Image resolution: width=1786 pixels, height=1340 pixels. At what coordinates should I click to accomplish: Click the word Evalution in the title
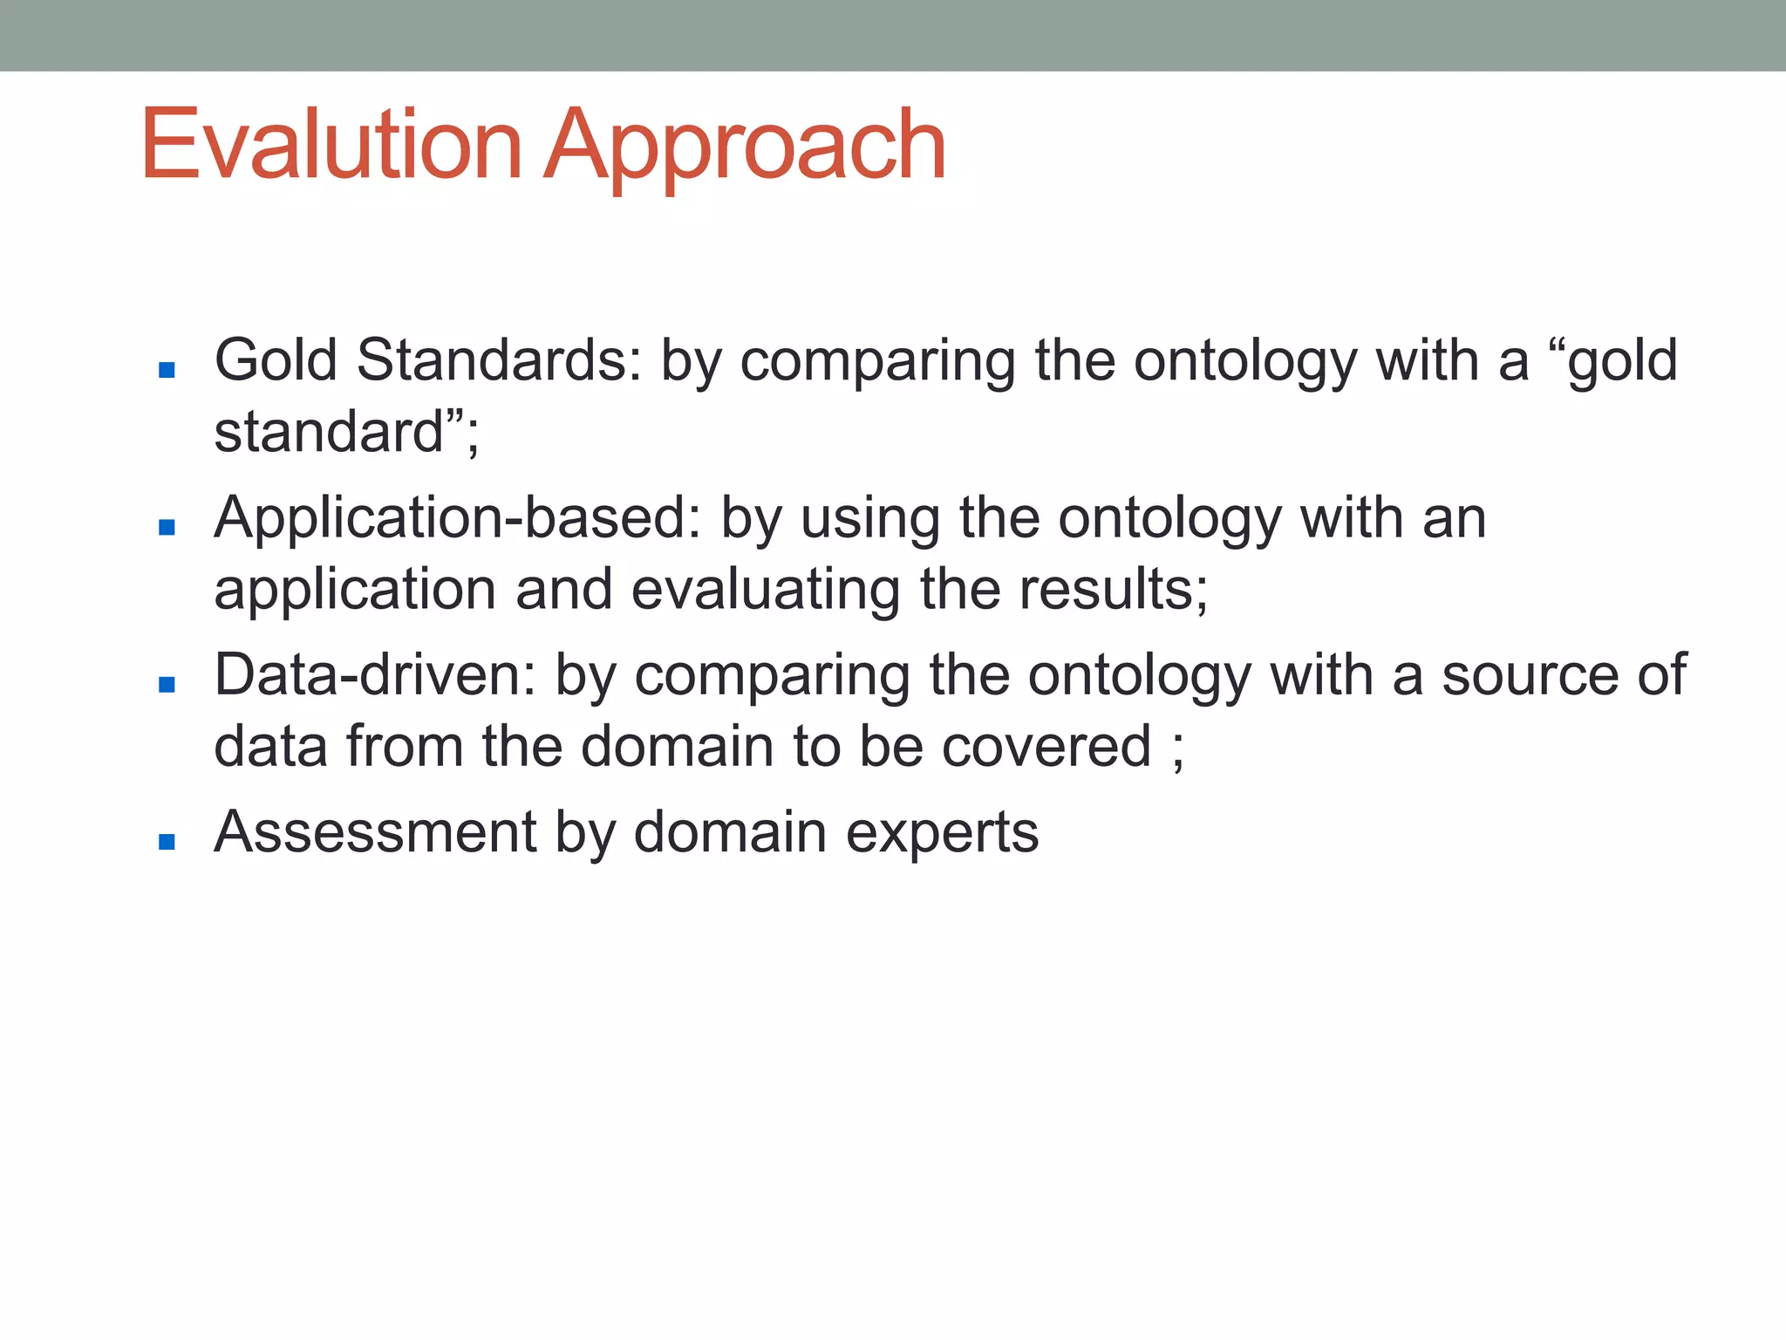click(x=331, y=145)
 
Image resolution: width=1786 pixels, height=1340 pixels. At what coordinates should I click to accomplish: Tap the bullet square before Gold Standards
click(x=167, y=370)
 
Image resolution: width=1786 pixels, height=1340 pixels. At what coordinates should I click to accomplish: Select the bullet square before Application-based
click(x=167, y=527)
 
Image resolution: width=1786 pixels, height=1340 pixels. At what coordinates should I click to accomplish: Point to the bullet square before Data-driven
click(x=167, y=684)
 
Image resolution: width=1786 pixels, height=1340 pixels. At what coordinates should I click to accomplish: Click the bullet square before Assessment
click(x=167, y=841)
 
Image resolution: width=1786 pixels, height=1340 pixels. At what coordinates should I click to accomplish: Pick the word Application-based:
click(x=458, y=518)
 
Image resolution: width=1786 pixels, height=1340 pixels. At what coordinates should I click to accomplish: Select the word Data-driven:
click(x=375, y=675)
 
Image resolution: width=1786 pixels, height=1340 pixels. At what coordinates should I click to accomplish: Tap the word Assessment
click(x=375, y=832)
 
